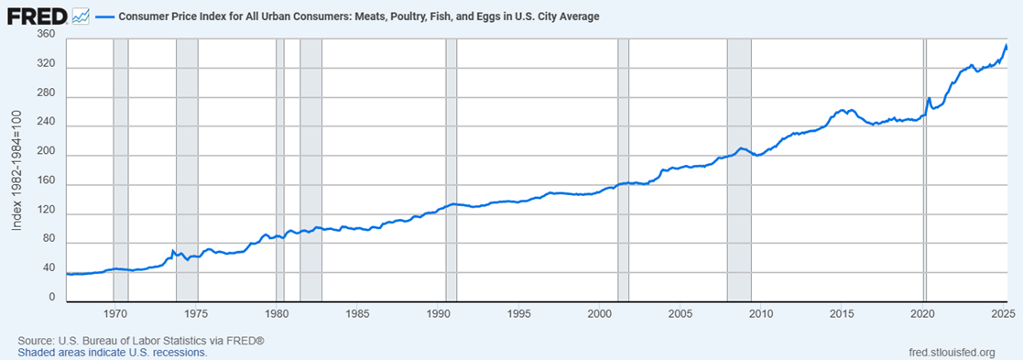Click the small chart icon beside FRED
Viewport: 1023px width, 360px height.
(x=80, y=16)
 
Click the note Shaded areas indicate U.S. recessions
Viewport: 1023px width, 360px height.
(x=112, y=352)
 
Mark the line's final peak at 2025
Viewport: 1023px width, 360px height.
(x=1006, y=45)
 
